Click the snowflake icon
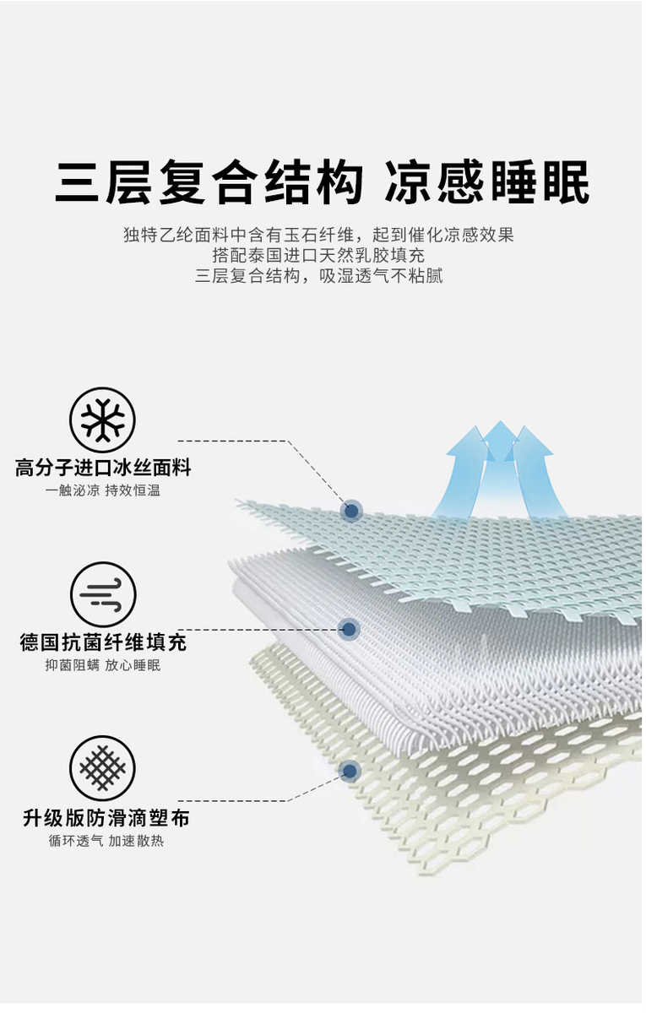102,420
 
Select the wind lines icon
102,594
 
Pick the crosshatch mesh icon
102,768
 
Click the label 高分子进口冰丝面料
103,468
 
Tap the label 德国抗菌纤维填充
103,642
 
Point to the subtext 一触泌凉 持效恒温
103,490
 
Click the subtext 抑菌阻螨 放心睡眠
103,665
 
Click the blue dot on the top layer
351,510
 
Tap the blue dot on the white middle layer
349,629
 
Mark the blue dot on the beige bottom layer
349,770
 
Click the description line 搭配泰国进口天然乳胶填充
318,255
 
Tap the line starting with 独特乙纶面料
318,235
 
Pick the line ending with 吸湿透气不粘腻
318,276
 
